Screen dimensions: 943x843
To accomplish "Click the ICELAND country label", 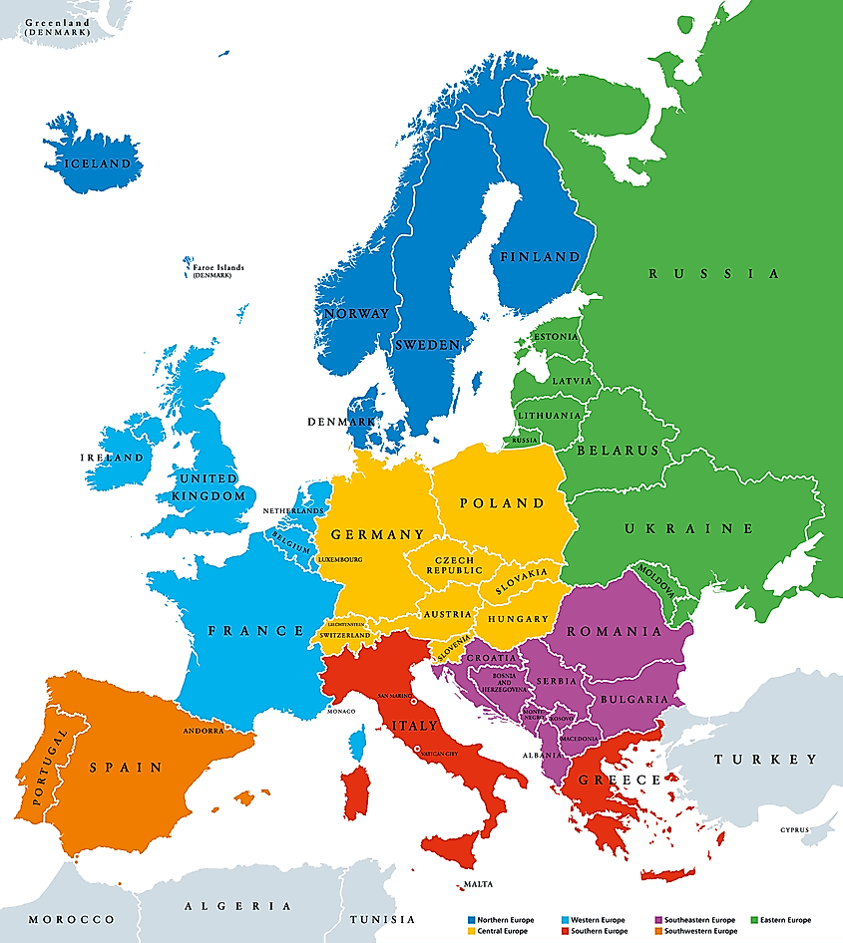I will click(x=98, y=162).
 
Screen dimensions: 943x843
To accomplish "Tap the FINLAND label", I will click(x=540, y=257).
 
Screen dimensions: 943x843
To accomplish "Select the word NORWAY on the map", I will click(x=355, y=313).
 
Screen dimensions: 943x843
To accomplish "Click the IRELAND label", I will click(x=113, y=458).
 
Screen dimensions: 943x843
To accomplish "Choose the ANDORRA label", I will click(x=204, y=731).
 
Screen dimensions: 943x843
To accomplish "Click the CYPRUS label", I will click(x=794, y=829).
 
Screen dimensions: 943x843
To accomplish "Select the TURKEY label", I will click(x=765, y=760).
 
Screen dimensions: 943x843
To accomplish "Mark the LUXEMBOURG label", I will click(x=339, y=559).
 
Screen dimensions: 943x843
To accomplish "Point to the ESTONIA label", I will click(x=555, y=337).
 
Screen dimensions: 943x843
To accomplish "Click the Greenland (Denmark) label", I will click(x=58, y=27).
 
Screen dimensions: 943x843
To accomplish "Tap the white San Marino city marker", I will click(x=413, y=701).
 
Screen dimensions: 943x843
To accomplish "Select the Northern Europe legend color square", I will click(x=471, y=920).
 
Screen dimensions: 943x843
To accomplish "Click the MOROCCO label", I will click(x=71, y=919).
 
